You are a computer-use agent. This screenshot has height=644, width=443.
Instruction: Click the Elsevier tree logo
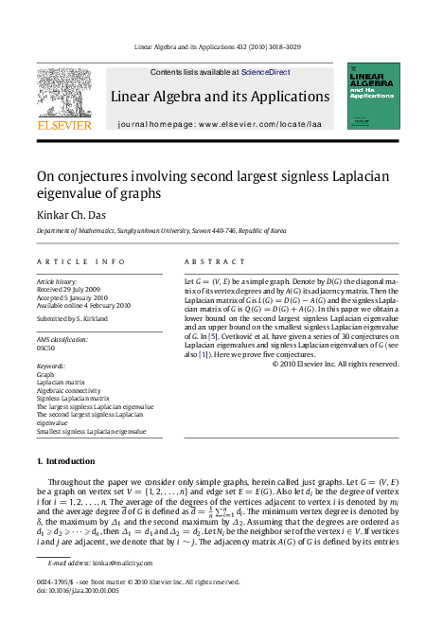(64, 91)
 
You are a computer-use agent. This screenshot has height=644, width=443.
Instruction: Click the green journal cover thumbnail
(373, 96)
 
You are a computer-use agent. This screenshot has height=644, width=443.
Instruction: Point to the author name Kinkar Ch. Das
(70, 215)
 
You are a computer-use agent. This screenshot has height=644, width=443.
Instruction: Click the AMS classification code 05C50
(45, 348)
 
